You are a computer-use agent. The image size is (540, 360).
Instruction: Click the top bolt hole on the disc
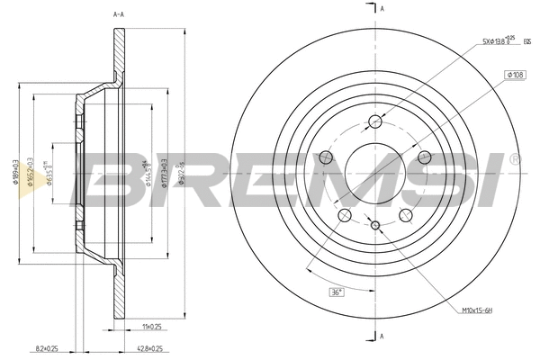[376, 122]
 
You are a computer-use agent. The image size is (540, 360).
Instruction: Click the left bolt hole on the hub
[327, 158]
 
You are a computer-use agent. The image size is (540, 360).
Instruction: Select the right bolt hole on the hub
[426, 158]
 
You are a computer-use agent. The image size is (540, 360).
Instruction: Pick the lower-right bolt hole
[407, 215]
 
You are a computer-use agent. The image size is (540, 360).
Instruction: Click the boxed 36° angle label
[334, 292]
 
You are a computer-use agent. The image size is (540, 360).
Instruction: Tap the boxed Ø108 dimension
[516, 74]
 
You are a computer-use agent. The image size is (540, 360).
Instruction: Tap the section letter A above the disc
[383, 8]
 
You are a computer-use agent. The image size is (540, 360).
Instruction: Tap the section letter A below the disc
[383, 337]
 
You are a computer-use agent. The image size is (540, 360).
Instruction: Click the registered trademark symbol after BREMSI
[514, 158]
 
